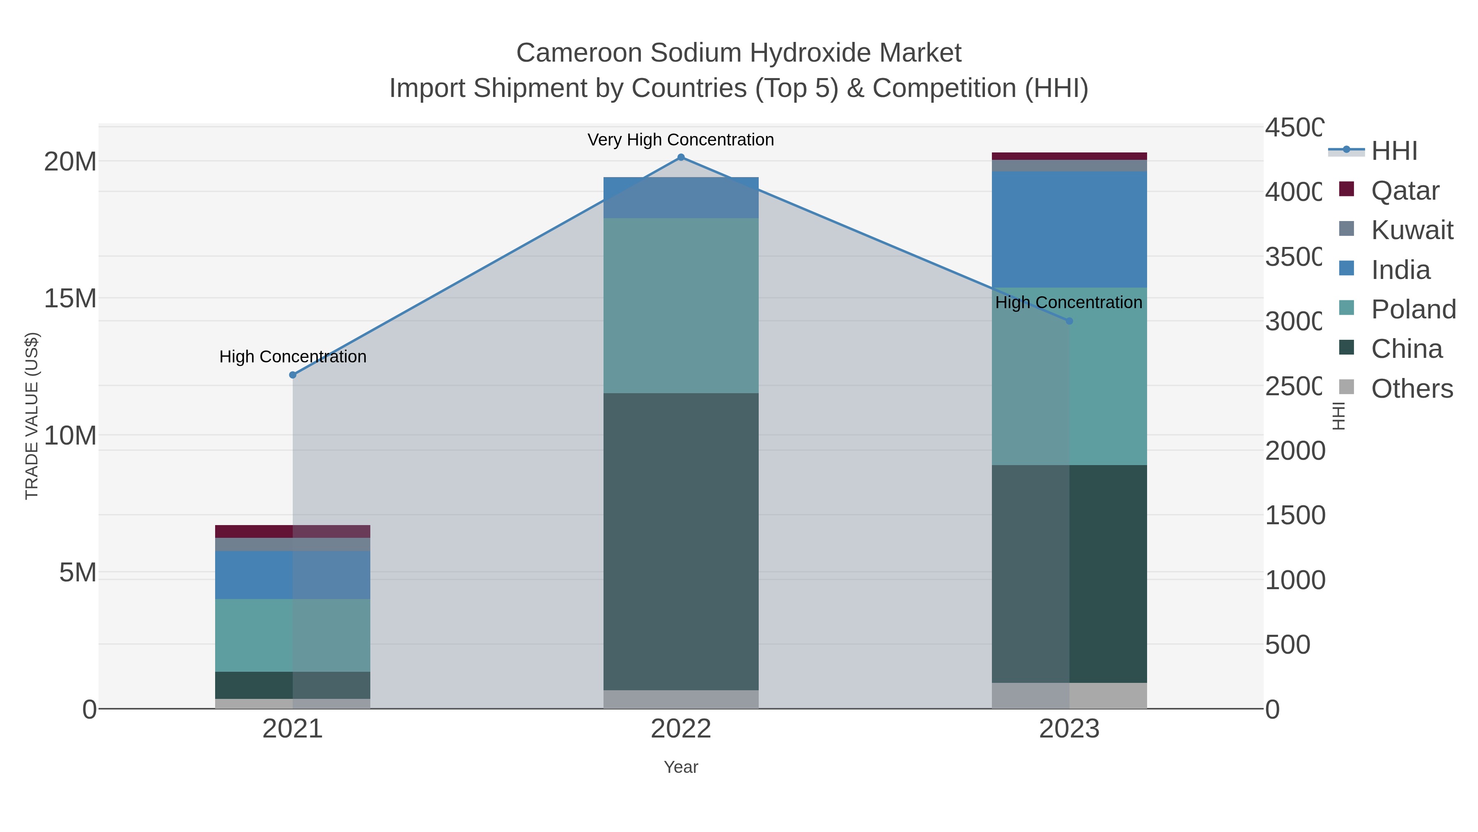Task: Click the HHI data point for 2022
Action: point(681,157)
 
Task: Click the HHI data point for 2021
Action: point(293,375)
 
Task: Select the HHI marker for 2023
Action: point(1069,321)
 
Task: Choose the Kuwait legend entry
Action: point(1411,230)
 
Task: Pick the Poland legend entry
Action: point(1413,309)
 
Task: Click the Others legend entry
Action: point(1411,389)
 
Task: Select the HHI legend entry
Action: point(1394,151)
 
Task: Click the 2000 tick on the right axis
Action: point(1295,451)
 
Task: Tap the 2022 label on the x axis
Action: point(681,729)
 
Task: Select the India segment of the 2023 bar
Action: point(1069,229)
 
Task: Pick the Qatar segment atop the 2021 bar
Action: point(293,531)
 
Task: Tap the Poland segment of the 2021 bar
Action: point(293,635)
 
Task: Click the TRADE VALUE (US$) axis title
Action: point(32,416)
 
